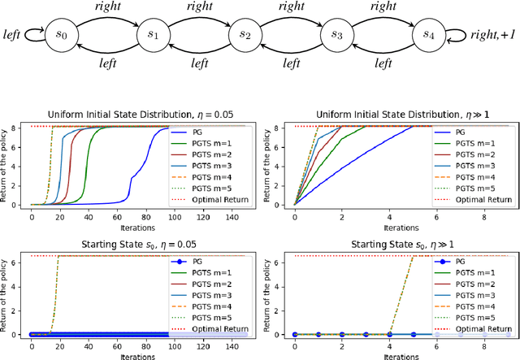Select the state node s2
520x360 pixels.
(x=241, y=36)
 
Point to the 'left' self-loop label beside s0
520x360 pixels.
(x=12, y=37)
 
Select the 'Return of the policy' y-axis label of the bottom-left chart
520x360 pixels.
(x=7, y=293)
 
